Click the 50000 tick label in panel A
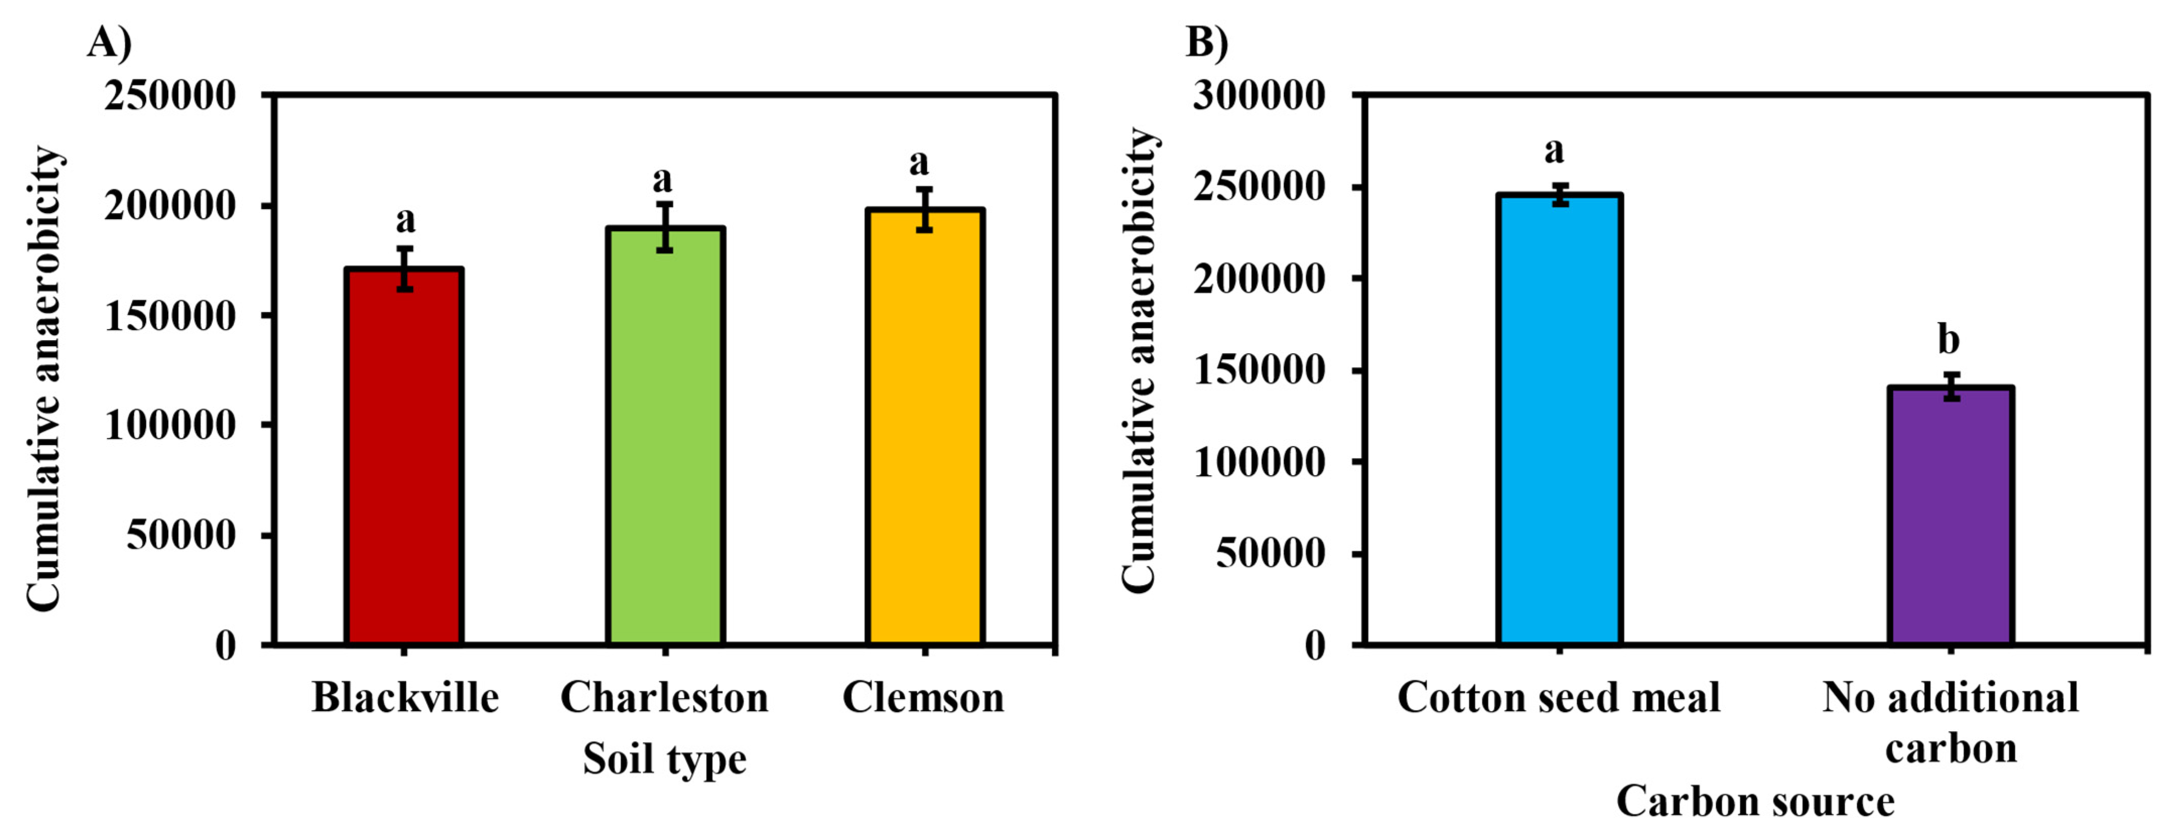181,535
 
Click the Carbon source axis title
1754,801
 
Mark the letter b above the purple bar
1948,340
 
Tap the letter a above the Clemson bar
919,161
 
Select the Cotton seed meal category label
1558,698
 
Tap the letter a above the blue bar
1554,151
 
